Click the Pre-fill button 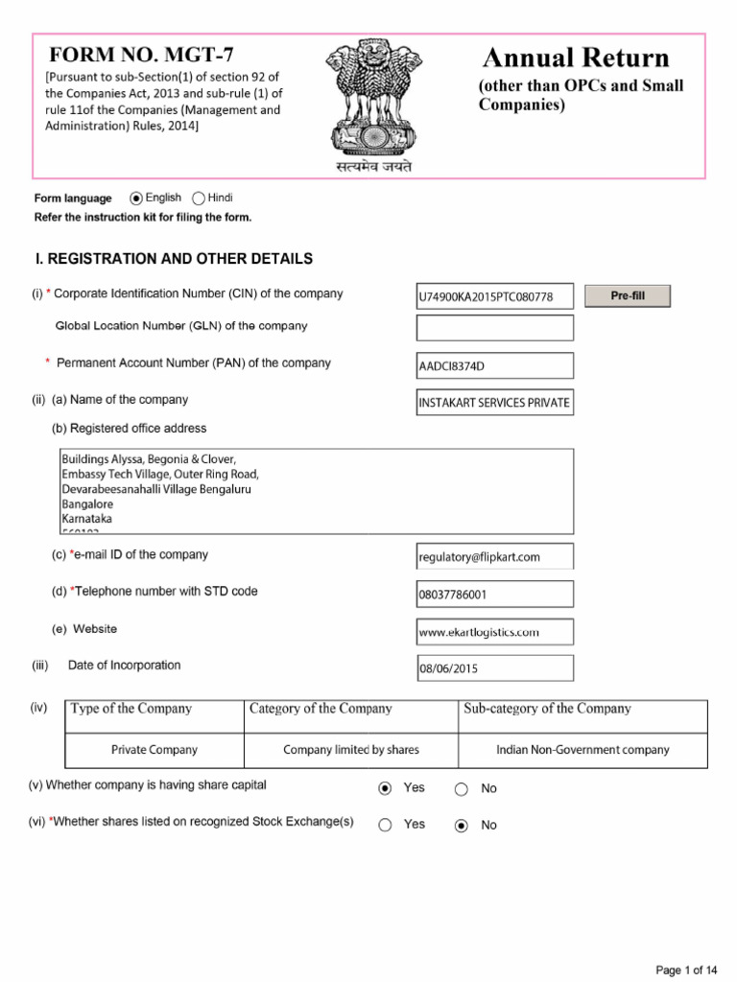628,296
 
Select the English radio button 136,199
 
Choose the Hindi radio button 199,199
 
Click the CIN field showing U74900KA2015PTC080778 495,297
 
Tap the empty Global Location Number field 495,328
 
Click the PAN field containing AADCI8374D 495,365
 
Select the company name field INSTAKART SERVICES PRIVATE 495,403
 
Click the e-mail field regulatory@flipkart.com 495,556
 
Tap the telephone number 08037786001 495,595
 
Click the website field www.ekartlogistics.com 495,632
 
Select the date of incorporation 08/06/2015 495,668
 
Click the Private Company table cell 155,750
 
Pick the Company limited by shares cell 351,750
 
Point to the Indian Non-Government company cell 582,750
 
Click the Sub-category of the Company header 547,709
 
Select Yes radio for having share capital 385,788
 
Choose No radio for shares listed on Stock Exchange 462,826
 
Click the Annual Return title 576,58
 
